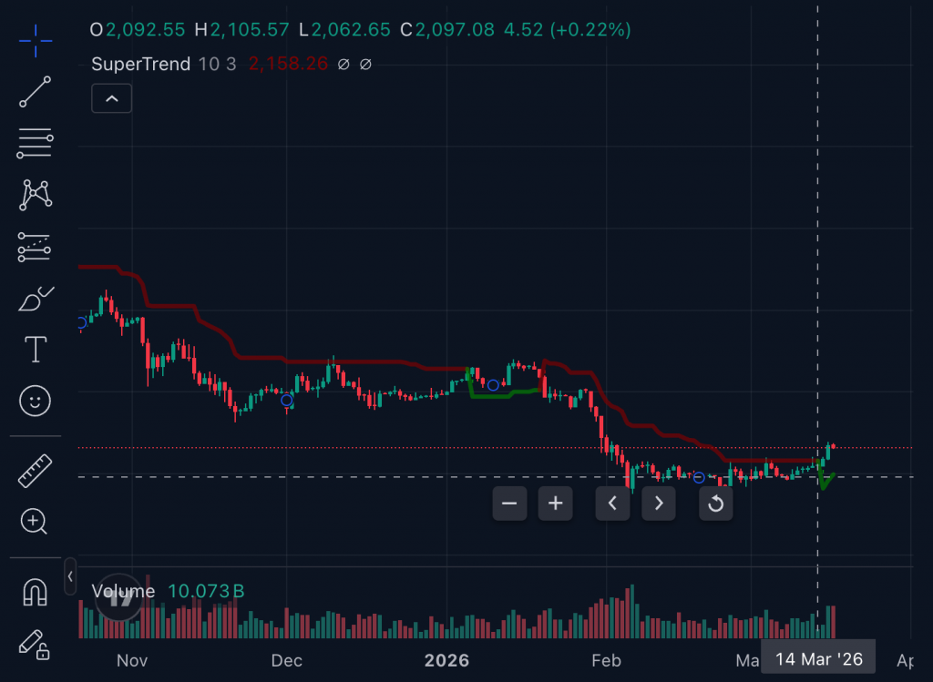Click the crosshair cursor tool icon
(x=36, y=40)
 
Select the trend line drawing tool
(x=36, y=92)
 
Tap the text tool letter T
(x=36, y=349)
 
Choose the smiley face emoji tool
(x=36, y=401)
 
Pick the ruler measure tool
(x=36, y=469)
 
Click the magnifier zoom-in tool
(x=35, y=521)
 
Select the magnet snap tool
(x=36, y=592)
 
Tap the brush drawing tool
(x=36, y=299)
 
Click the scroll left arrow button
(x=612, y=503)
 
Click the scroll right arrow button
(x=659, y=503)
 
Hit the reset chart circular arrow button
(x=716, y=503)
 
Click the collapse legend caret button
(x=112, y=98)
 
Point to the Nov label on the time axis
(x=132, y=660)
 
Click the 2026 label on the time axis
(x=446, y=660)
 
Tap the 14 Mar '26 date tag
(x=818, y=659)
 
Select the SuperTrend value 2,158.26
(x=288, y=65)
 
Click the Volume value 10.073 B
(x=206, y=592)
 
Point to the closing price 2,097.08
(x=455, y=30)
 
